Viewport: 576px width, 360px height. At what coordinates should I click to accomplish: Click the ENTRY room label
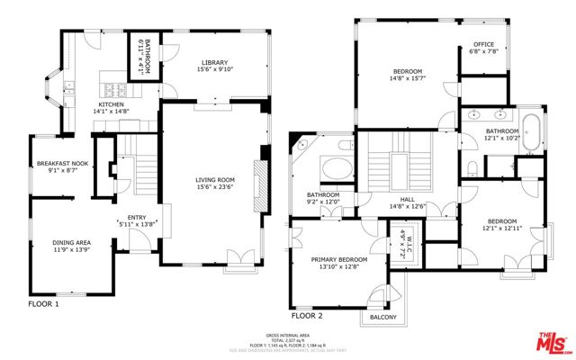coord(136,217)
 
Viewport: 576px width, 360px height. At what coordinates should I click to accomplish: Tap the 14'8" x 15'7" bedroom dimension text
coord(409,78)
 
